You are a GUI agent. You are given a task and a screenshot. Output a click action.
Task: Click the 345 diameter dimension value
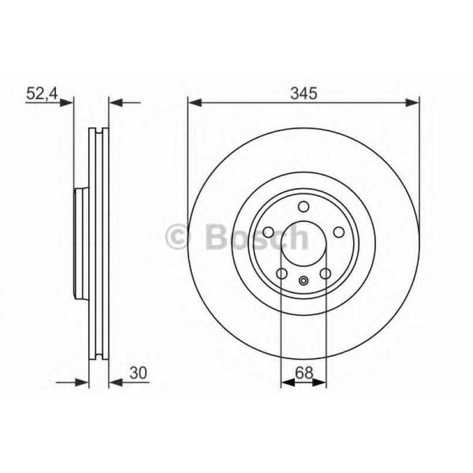(303, 92)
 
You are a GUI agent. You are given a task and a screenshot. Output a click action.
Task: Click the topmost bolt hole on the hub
(303, 207)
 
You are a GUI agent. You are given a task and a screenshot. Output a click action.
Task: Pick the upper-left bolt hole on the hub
(268, 233)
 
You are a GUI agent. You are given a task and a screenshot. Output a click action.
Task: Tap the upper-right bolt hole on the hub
(338, 233)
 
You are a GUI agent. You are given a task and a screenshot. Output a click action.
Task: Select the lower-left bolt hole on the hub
(281, 274)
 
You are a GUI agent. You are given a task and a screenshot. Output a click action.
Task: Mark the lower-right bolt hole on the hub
(325, 274)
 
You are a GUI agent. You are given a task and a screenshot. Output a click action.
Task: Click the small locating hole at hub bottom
(303, 280)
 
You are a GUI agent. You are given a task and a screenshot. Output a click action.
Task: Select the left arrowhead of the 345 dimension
(194, 103)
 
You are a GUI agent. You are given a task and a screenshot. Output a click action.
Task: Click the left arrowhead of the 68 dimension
(287, 383)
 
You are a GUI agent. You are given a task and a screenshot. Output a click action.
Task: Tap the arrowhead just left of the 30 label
(115, 383)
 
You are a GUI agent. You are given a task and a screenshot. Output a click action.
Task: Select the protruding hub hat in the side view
(80, 243)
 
